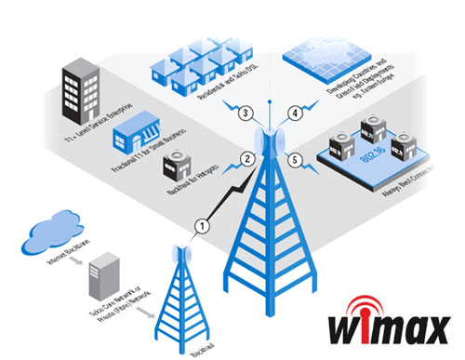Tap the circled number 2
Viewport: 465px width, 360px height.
point(247,159)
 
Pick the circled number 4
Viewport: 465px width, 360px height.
point(296,113)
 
